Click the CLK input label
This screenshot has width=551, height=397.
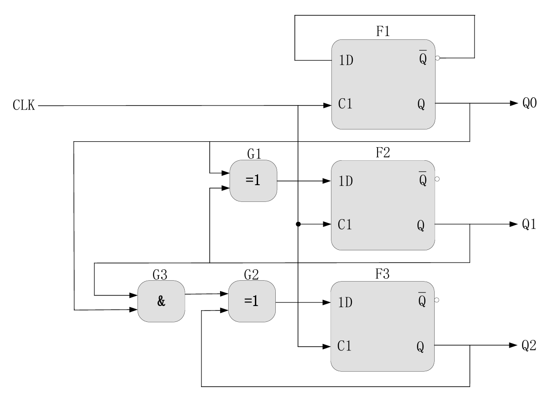tap(24, 107)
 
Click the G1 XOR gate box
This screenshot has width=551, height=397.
tap(254, 181)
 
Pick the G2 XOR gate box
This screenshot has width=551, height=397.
tap(252, 301)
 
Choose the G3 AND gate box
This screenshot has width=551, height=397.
tap(161, 301)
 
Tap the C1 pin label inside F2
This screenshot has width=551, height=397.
tap(345, 225)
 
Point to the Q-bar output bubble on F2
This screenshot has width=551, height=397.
tap(437, 179)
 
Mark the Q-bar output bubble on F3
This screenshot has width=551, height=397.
tap(437, 300)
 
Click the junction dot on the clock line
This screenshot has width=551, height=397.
tap(298, 224)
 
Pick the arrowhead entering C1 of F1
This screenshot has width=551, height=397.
tap(327, 105)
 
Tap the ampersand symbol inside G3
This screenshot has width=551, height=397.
tap(161, 302)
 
